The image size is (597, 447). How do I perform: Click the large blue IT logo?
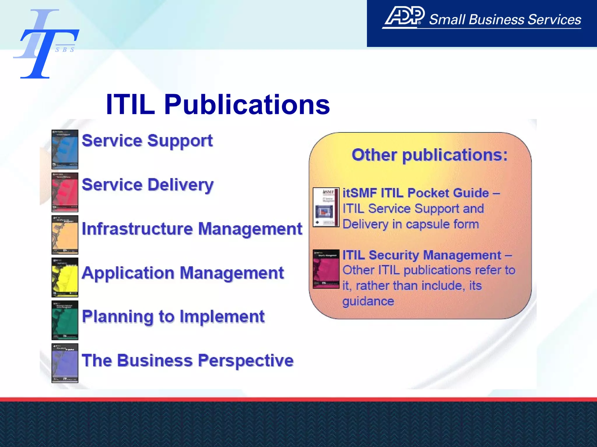tap(44, 44)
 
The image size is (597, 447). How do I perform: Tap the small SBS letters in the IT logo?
tap(65, 50)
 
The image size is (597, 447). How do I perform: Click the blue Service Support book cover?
tap(65, 149)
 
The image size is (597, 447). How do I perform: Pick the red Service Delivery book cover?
tap(65, 192)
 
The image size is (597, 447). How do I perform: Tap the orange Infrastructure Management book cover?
tap(65, 235)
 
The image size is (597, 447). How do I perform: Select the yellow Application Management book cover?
tap(65, 277)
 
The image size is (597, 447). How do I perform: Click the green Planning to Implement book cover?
tap(65, 320)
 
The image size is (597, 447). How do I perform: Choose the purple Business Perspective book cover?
tap(65, 363)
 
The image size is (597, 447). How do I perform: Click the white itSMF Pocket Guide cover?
tap(326, 207)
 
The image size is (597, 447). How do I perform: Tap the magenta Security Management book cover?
tap(326, 269)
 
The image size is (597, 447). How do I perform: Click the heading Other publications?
tap(429, 155)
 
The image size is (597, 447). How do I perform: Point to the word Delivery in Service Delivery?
tap(181, 185)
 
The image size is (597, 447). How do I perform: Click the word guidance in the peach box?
tap(368, 301)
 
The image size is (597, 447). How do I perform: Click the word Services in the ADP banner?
tap(554, 20)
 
